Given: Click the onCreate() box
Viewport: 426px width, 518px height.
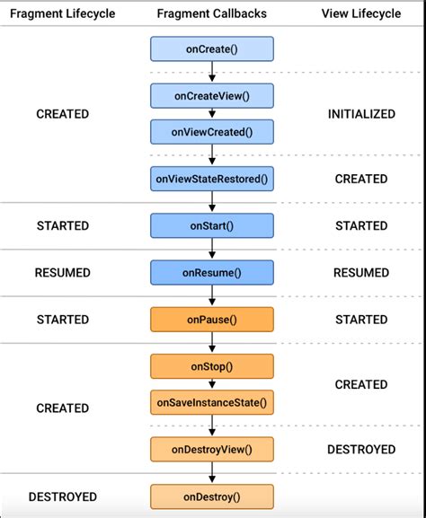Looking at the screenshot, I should tap(211, 48).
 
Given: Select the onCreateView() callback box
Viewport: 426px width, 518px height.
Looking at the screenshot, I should tap(211, 96).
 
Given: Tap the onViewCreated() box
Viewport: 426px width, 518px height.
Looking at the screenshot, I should tap(211, 131).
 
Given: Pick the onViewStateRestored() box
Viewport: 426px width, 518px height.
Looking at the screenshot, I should tap(211, 179).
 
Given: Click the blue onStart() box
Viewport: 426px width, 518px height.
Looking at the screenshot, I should tap(211, 225).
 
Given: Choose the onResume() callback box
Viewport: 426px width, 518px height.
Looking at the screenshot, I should tap(211, 272).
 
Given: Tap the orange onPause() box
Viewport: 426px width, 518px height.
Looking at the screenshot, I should tap(211, 319).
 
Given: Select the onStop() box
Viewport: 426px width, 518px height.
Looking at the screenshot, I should tap(211, 366).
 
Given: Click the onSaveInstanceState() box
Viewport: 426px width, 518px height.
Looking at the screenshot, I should tap(211, 401).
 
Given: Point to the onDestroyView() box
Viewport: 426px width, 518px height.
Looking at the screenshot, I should tap(211, 449).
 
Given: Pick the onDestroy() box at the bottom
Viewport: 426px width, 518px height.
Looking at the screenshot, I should tap(211, 496).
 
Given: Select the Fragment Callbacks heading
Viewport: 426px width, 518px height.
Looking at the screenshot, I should tap(211, 13).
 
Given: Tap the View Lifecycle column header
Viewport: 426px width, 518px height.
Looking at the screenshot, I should tap(361, 13).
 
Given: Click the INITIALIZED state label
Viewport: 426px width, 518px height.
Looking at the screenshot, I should tap(361, 114).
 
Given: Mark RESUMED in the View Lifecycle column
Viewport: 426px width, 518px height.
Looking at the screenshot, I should tap(361, 272).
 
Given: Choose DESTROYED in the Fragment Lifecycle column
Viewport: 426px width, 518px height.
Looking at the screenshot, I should tap(62, 496).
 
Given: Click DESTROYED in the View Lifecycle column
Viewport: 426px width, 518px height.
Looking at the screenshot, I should tap(361, 449).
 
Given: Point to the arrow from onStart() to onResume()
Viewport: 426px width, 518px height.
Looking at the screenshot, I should tap(211, 249).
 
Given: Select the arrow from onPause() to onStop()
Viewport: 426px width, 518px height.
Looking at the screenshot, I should tap(211, 342).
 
